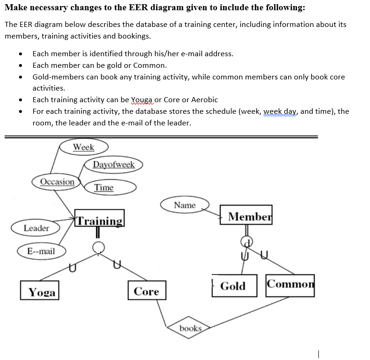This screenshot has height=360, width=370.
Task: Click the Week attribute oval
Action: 84,147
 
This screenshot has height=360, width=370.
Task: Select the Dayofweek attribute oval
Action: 113,164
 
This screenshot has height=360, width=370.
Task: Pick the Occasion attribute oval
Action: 57,182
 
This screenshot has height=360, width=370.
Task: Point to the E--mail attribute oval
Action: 41,251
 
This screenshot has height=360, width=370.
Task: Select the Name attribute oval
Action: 185,205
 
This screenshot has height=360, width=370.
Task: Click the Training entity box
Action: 99,221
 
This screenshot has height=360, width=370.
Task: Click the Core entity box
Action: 146,291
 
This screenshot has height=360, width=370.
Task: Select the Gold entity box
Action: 233,286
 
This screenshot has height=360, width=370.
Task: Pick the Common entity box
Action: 291,284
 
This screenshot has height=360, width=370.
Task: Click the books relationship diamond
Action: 191,328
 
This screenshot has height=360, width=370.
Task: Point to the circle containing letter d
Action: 247,241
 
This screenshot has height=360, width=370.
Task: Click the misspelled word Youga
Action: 142,99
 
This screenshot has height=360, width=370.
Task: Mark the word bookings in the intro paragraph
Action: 135,36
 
